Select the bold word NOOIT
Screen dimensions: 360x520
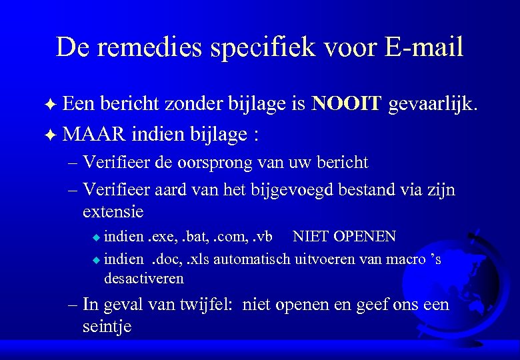347,103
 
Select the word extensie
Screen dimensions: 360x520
113,212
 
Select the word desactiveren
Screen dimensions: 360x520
143,277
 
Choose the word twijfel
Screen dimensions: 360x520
201,305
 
